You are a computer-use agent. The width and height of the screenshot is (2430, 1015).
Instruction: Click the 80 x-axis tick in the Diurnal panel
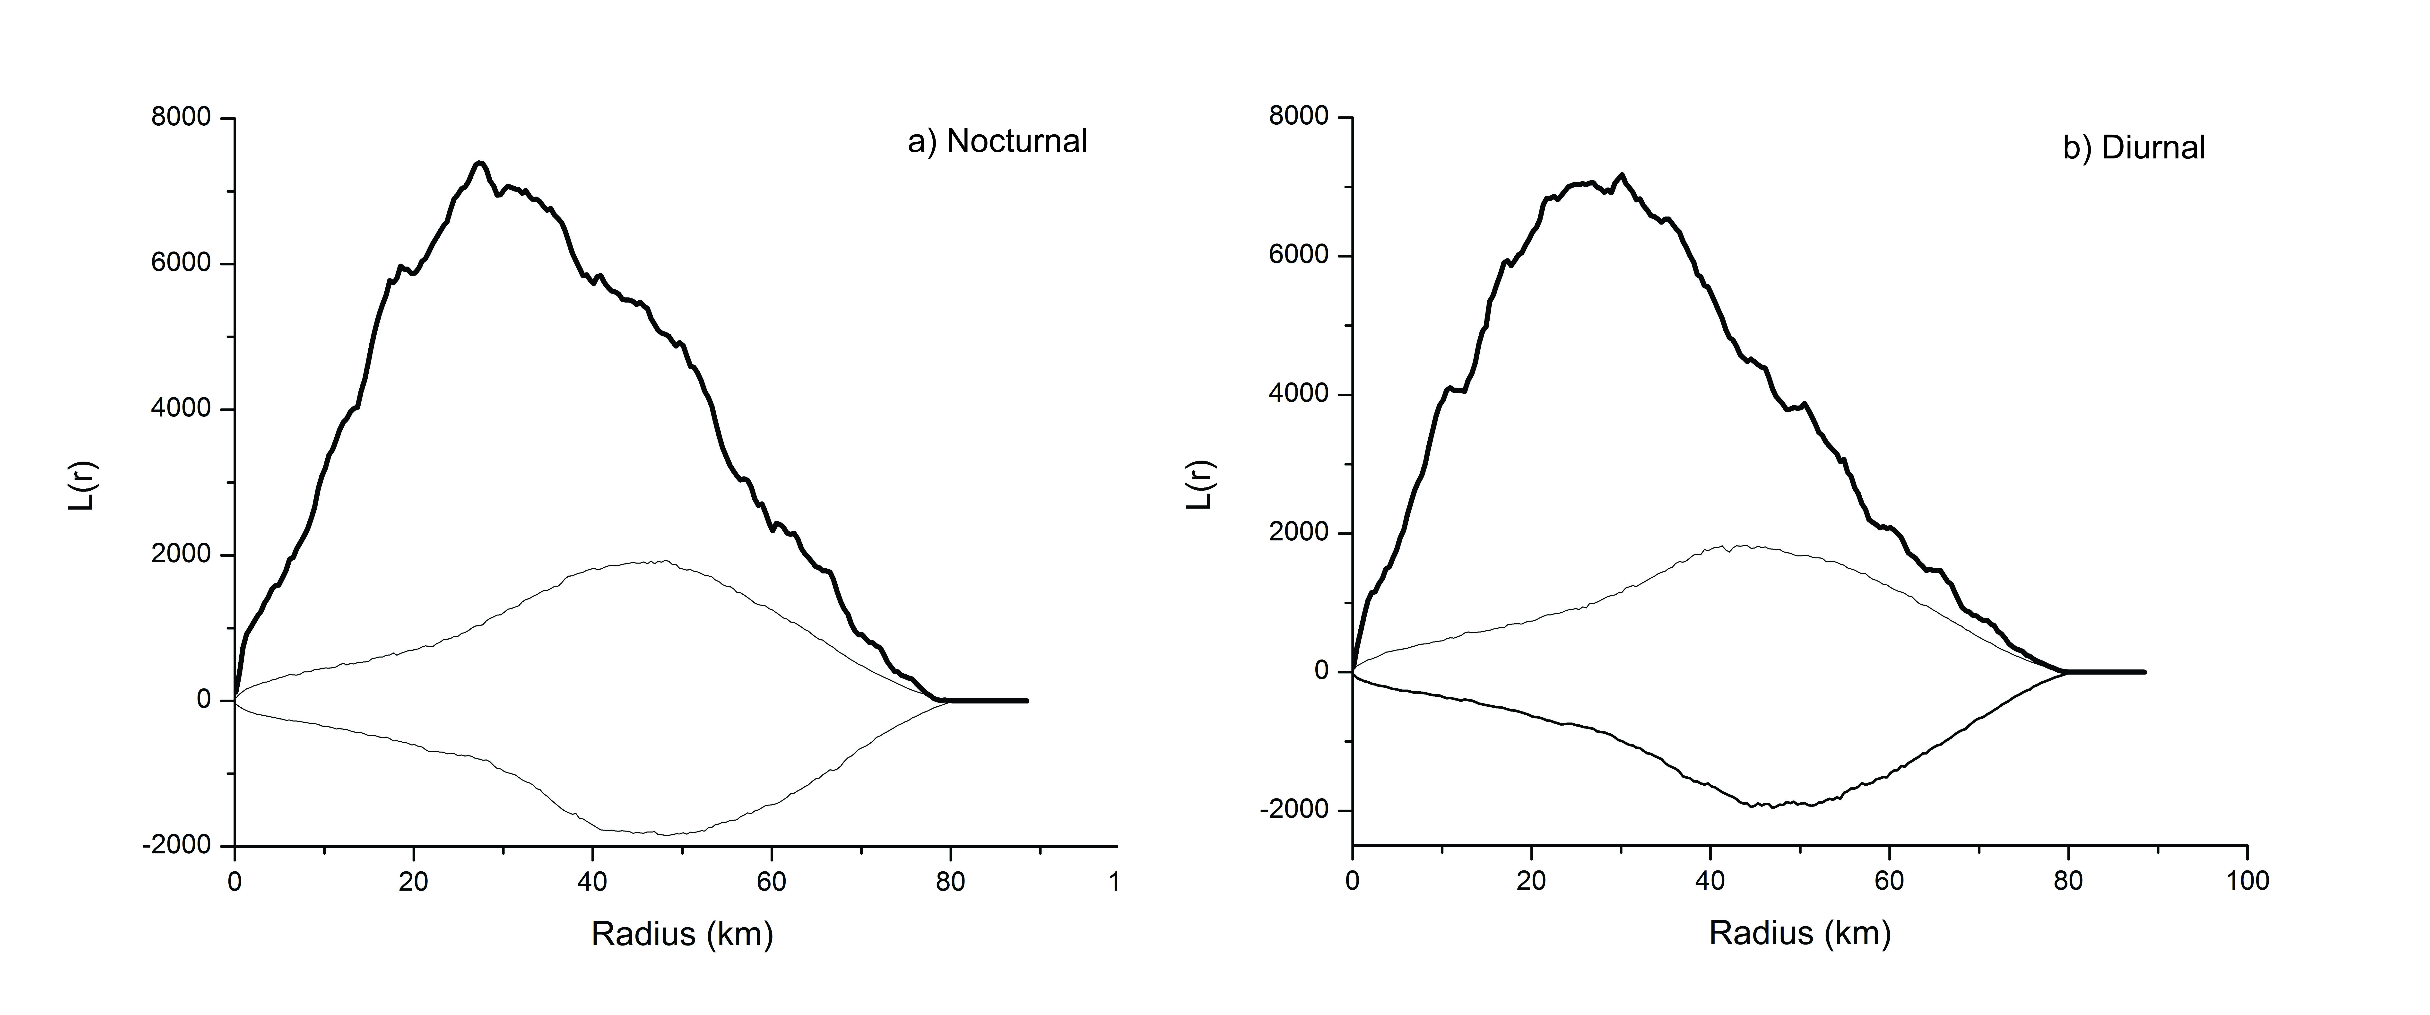(2068, 881)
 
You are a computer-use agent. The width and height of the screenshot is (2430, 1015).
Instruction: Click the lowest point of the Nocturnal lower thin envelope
(664, 834)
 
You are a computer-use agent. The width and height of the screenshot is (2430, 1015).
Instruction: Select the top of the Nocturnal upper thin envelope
(664, 561)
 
